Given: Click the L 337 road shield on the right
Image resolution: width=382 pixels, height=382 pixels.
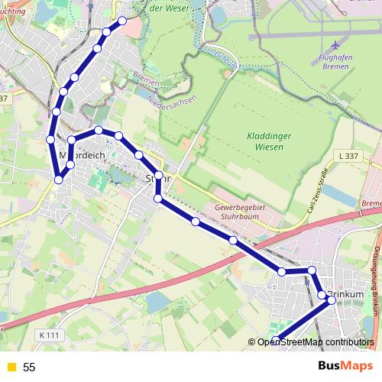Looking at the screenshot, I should [347, 155].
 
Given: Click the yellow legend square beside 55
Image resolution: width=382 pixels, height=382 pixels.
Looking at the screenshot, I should [11, 367].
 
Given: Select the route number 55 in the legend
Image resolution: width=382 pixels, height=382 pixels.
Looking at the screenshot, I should [29, 367].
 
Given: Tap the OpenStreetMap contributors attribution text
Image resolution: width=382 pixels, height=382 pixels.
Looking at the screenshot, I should [315, 342].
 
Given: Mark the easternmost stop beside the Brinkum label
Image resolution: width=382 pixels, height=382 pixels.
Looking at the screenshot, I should [332, 301].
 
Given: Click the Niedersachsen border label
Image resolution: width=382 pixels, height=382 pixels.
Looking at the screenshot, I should [171, 98].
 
